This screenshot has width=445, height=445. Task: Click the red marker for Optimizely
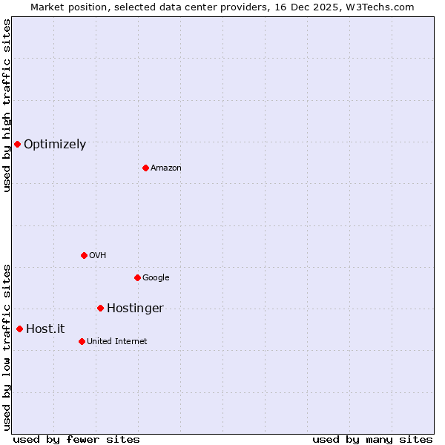click(17, 144)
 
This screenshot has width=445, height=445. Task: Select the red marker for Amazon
click(145, 168)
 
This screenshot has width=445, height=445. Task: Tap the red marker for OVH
click(84, 255)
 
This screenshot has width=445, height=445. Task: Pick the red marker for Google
click(137, 277)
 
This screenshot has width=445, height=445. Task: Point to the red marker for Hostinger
click(100, 308)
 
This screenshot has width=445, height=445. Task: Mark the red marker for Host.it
click(19, 329)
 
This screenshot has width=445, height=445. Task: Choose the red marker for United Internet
click(82, 341)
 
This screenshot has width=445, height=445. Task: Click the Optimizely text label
click(55, 145)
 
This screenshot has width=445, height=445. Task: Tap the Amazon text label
click(166, 168)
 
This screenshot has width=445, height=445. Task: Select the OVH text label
click(98, 256)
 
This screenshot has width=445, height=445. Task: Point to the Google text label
click(156, 278)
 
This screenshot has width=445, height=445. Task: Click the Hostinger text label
click(135, 309)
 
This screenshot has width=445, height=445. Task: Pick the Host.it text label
click(45, 329)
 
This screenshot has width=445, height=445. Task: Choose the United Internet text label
click(117, 342)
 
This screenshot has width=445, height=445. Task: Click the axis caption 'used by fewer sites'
click(76, 439)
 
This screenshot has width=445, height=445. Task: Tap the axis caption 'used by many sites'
click(372, 439)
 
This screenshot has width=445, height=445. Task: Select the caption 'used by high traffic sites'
click(7, 105)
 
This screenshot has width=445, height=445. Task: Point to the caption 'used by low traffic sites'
click(7, 347)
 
